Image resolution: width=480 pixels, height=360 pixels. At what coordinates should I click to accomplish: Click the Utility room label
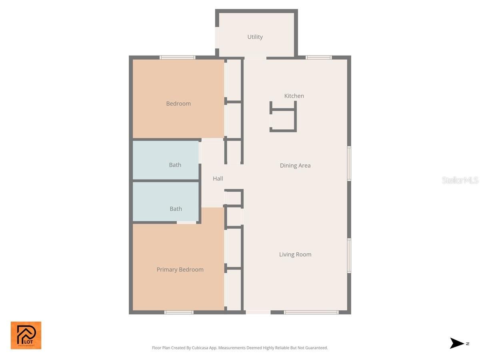point(255,37)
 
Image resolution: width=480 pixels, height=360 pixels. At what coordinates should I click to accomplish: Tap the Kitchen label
point(294,96)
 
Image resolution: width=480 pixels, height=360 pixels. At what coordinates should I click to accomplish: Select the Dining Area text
point(295,166)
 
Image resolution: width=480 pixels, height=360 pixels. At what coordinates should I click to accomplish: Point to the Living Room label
point(295,254)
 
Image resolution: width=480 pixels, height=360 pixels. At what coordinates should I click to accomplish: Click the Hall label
point(218,179)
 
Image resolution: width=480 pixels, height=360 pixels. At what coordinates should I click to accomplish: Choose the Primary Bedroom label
point(180,270)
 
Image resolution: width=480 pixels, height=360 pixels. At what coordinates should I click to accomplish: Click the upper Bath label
point(175,165)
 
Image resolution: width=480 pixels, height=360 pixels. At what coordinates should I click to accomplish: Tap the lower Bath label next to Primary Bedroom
point(176,209)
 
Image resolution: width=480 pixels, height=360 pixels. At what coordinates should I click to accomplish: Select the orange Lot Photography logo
point(26,335)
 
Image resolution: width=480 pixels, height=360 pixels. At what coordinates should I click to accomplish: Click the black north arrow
point(457,343)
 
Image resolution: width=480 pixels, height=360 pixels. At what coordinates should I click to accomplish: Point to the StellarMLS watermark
point(460,180)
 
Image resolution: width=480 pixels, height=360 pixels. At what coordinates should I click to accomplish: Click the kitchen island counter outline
point(283,117)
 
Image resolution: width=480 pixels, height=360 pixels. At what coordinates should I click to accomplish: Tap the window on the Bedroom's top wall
point(178,58)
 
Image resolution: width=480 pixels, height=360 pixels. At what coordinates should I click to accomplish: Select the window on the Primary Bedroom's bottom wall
point(179,312)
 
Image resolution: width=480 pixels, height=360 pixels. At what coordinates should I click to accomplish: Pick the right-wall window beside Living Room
point(349,256)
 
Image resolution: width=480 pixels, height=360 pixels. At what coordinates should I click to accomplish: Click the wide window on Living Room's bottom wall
point(311,312)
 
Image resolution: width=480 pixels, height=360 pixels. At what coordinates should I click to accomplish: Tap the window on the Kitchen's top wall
point(319,58)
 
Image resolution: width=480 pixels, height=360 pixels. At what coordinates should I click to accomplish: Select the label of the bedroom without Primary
point(178,104)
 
